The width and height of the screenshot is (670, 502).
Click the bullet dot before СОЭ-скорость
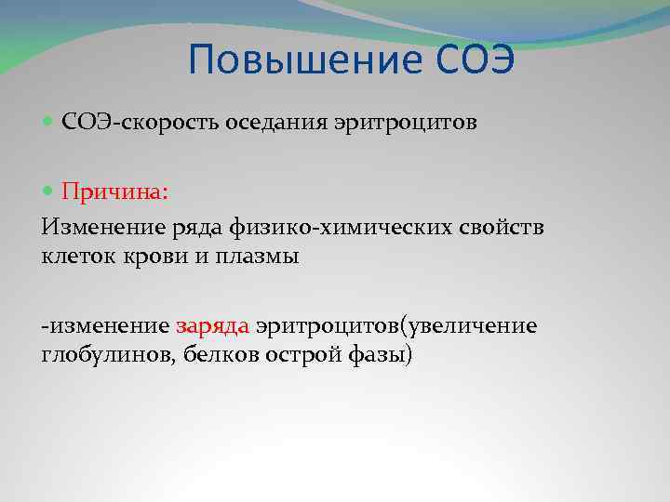tap(49, 123)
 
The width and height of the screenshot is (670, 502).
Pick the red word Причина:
tap(114, 192)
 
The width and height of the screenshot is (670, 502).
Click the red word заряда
tap(211, 326)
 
